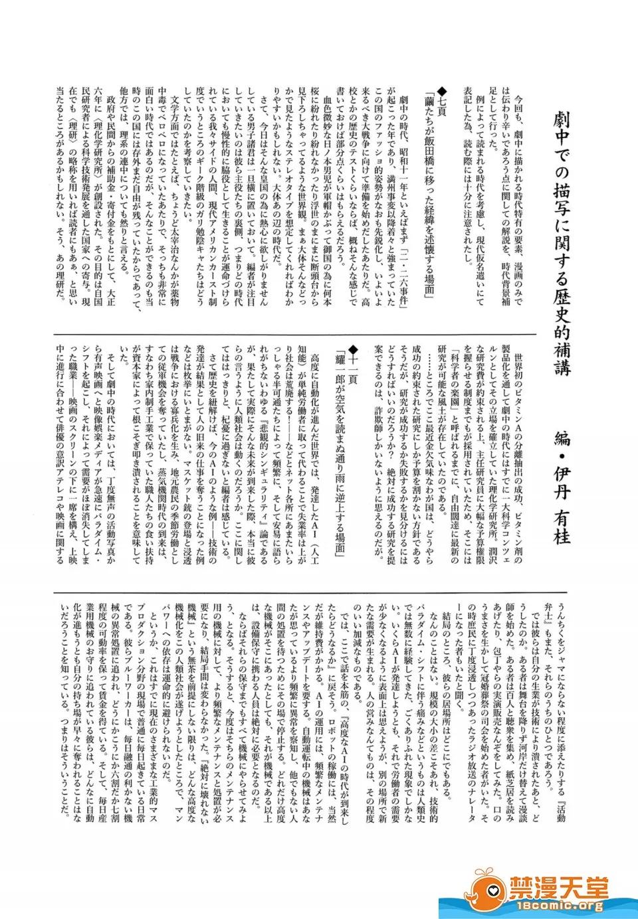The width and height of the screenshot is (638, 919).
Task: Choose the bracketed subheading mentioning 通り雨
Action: click(340, 452)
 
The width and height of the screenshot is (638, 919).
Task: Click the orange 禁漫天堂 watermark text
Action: click(558, 887)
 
